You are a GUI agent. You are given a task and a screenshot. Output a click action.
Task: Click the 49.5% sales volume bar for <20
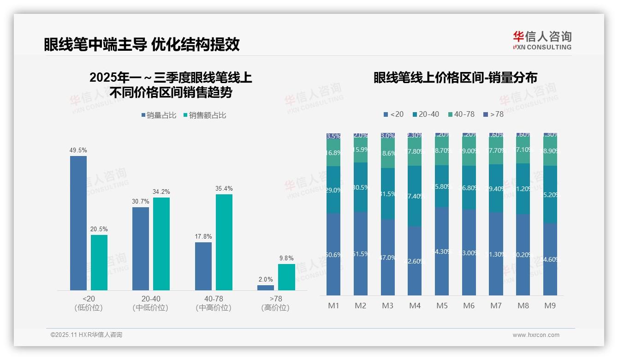78,223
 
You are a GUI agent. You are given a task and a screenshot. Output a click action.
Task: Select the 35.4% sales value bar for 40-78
224,242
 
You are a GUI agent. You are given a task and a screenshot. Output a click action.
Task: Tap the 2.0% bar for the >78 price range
266,288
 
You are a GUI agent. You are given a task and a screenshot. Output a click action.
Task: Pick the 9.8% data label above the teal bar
286,258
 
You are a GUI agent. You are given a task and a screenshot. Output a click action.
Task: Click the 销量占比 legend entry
159,115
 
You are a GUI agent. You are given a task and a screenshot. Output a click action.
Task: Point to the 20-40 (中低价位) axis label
150,303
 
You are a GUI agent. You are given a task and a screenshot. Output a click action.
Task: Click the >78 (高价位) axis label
275,303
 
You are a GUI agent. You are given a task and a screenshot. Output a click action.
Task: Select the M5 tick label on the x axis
442,306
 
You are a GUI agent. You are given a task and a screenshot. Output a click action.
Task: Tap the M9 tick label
550,306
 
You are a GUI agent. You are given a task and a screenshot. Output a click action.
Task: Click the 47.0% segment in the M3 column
388,257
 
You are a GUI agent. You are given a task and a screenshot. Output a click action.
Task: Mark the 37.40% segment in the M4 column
415,196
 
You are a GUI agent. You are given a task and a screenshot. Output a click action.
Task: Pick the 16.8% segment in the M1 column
333,153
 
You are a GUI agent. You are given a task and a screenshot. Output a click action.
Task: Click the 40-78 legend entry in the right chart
461,114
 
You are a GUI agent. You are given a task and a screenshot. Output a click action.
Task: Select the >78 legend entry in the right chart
493,114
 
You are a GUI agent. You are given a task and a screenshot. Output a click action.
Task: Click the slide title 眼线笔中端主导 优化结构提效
142,44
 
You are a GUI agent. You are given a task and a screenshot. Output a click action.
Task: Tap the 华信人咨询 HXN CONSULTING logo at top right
542,40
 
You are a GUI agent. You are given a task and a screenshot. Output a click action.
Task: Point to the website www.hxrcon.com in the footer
536,335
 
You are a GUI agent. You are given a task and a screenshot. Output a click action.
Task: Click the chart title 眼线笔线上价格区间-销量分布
455,78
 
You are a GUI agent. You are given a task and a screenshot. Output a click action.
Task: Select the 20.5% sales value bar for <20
99,263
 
